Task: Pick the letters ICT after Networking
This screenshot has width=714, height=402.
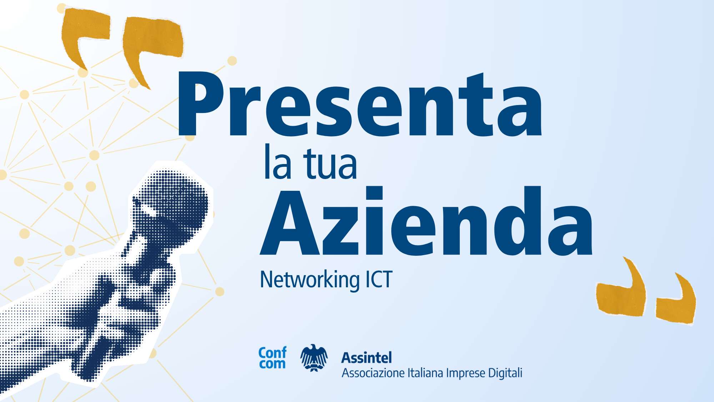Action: pos(379,279)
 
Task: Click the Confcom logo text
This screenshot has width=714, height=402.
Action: pos(272,358)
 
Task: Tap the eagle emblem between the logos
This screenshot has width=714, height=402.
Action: pos(314,358)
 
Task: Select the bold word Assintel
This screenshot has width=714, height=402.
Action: pos(367,358)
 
